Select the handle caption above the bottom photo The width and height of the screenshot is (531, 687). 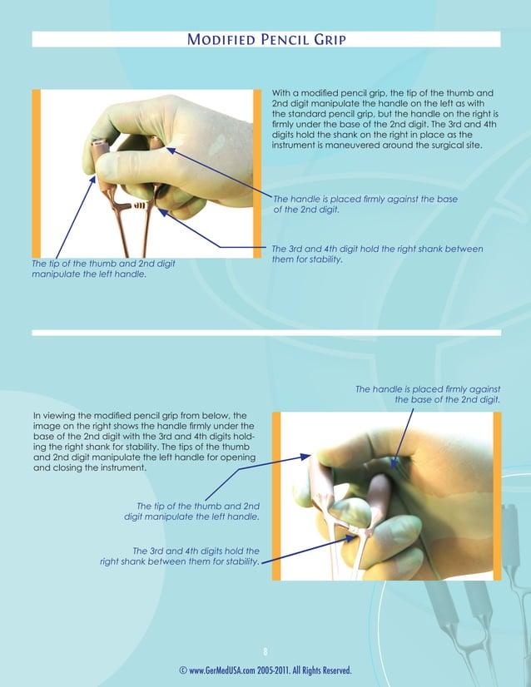(x=428, y=393)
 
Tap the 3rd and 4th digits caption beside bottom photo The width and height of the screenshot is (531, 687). (x=179, y=556)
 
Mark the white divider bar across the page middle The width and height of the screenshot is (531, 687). (x=266, y=333)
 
